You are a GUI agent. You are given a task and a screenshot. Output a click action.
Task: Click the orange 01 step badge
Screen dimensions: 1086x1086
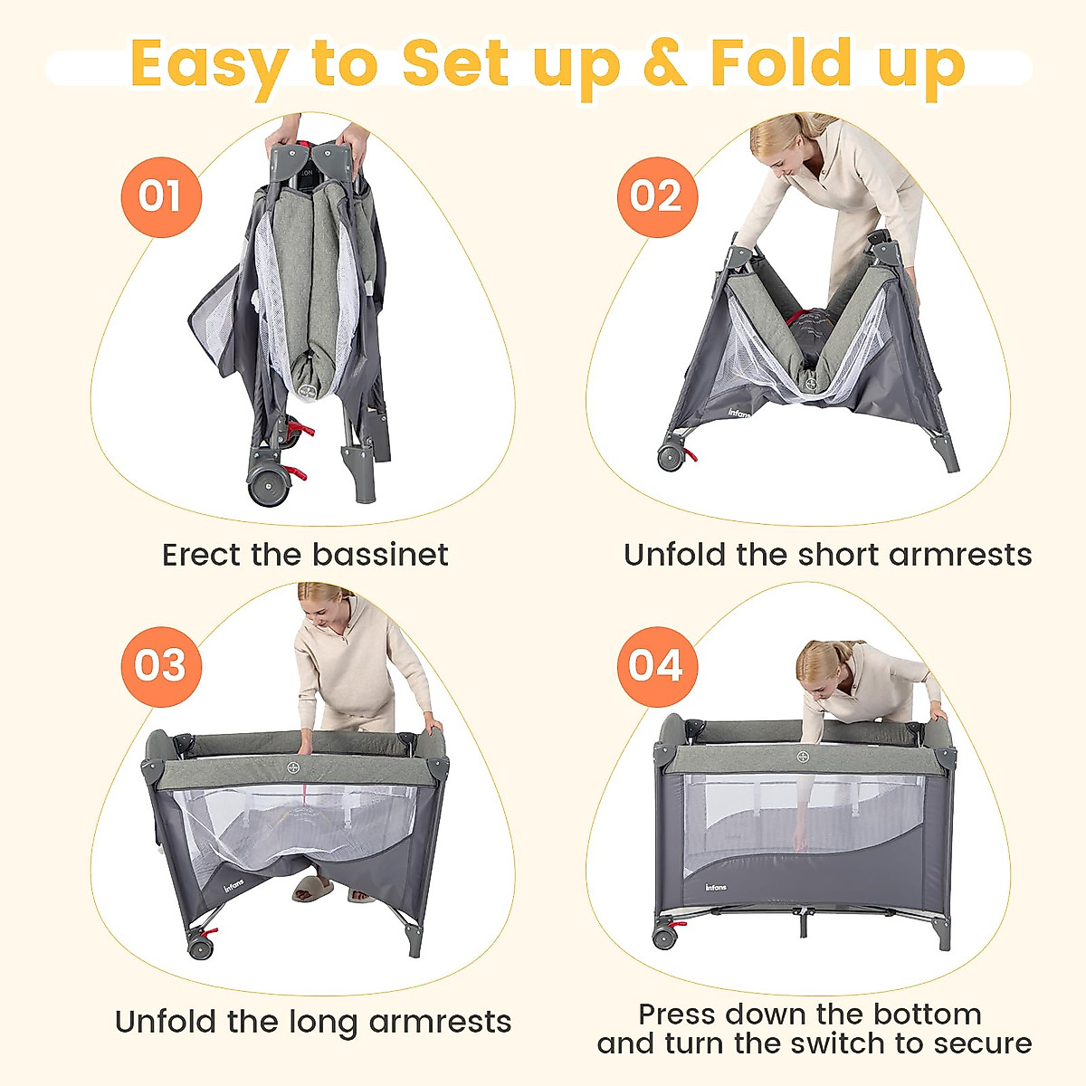click(160, 196)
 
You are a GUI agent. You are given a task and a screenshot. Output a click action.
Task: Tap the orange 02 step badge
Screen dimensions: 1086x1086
click(656, 196)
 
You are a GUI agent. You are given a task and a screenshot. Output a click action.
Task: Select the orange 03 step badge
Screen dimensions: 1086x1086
click(160, 666)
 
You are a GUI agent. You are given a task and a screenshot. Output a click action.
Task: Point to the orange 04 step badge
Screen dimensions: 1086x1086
click(656, 666)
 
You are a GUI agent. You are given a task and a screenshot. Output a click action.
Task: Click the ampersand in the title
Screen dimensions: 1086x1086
click(664, 63)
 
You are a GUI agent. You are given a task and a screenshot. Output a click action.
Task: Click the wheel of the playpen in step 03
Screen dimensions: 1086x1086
click(200, 947)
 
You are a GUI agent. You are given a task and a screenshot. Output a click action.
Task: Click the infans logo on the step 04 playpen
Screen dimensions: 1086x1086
click(716, 886)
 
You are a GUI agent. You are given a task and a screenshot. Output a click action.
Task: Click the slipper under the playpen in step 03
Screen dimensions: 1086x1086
click(312, 889)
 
